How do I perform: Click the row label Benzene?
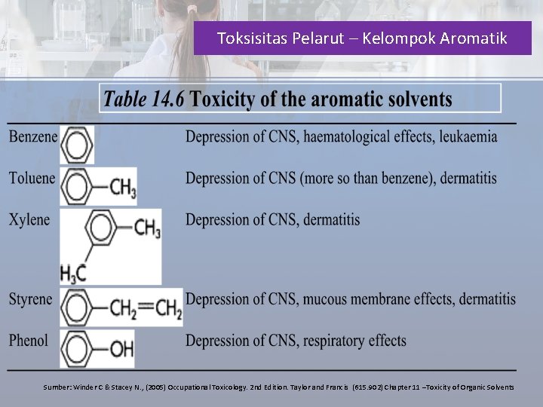coord(32,137)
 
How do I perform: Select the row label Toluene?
coord(32,179)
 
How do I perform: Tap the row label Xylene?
coord(29,220)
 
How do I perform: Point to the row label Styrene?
coord(31,299)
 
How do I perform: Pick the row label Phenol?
coord(29,341)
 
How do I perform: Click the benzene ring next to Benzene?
coord(77,143)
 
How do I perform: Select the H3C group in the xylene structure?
coord(74,273)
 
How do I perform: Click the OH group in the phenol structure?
coord(121,349)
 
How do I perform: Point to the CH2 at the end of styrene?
coord(168,308)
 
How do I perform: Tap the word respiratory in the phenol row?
coord(333,341)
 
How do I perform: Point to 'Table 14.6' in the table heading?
coord(144,99)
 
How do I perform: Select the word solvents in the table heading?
coord(416,99)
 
